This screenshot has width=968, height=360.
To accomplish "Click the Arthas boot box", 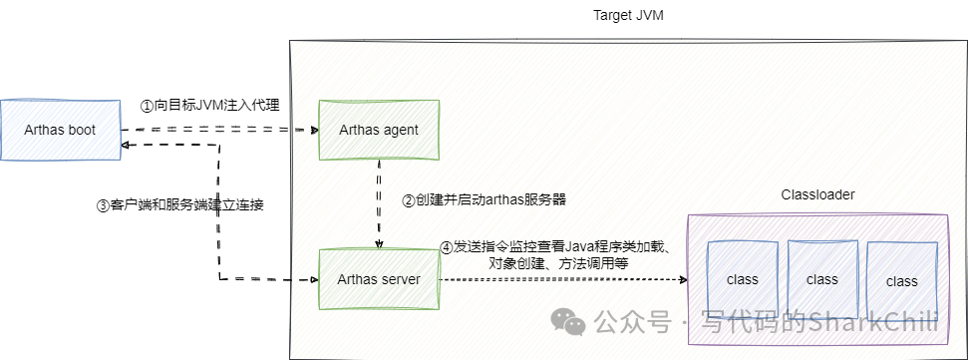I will [61, 130].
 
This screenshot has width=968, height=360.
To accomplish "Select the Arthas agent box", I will [379, 130].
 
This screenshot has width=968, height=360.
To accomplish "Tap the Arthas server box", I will [379, 279].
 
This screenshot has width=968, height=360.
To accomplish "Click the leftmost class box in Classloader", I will [743, 279].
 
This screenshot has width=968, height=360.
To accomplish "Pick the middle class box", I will [822, 279].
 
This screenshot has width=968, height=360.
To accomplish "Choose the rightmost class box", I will [902, 281].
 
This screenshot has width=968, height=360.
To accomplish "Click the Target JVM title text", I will [630, 15].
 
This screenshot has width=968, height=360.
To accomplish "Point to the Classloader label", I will [816, 193].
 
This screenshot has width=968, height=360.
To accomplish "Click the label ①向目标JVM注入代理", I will [209, 105].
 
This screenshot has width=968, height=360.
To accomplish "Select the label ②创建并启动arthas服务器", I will [484, 199].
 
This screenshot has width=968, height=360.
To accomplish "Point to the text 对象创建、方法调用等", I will [558, 263].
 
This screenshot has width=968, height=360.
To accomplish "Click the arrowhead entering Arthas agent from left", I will [312, 130].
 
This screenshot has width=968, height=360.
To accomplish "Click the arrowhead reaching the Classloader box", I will [683, 280].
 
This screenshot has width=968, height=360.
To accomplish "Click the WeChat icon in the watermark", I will [571, 321].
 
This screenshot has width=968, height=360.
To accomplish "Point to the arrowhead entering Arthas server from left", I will [312, 280].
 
